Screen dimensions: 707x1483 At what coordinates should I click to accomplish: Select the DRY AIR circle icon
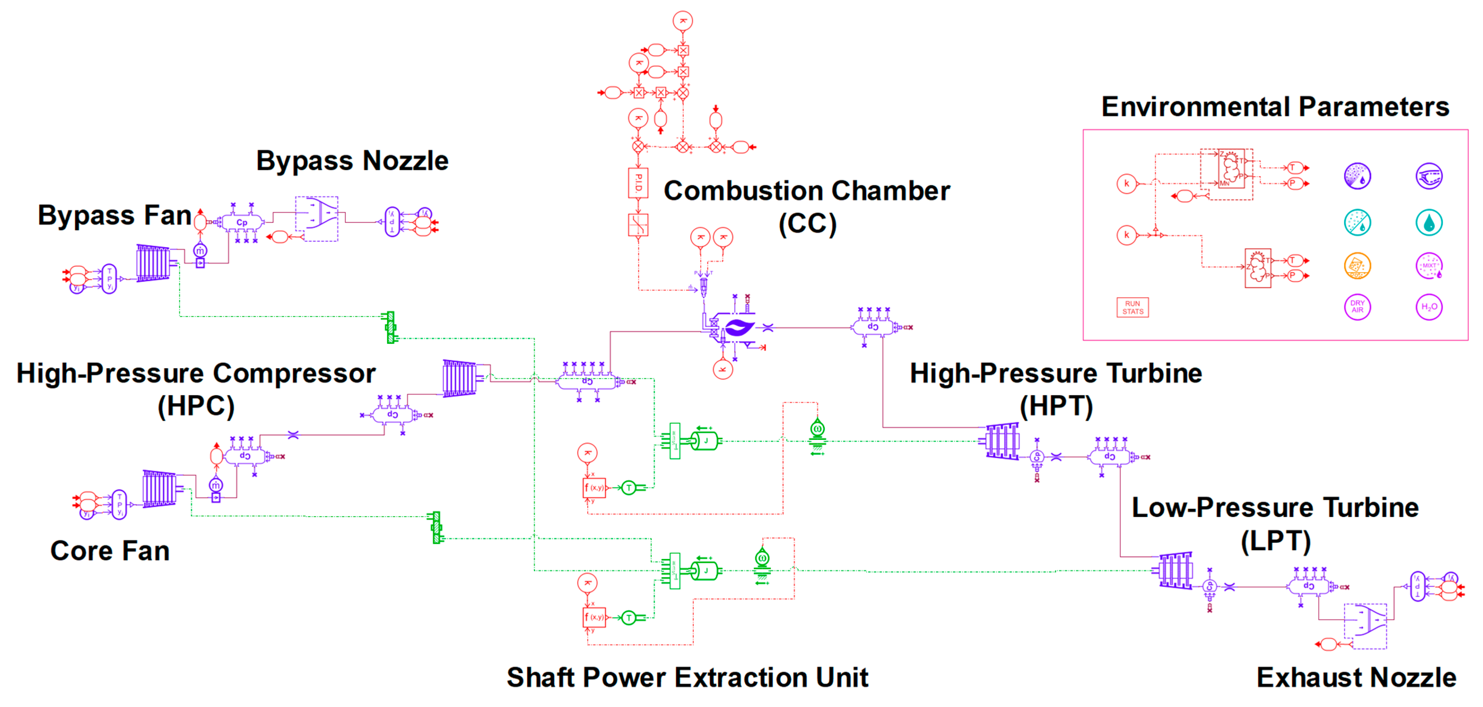pyautogui.click(x=1357, y=307)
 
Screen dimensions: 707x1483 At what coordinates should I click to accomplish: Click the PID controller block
pyautogui.click(x=638, y=183)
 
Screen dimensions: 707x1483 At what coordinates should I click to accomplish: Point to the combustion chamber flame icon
pyautogui.click(x=738, y=328)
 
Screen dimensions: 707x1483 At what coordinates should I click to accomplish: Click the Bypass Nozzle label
pyautogui.click(x=352, y=161)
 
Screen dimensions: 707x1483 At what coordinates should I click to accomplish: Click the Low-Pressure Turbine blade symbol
pyautogui.click(x=1175, y=571)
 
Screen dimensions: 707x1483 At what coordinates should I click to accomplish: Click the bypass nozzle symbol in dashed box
pyautogui.click(x=317, y=219)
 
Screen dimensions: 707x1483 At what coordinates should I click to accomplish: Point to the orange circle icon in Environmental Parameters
pyautogui.click(x=1357, y=266)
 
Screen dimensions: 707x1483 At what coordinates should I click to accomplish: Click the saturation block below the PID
pyautogui.click(x=638, y=225)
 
